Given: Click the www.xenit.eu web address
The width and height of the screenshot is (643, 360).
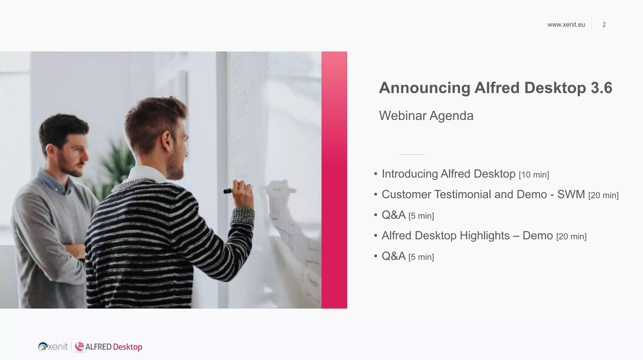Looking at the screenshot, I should [566, 25].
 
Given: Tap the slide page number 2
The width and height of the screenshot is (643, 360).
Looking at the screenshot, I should [604, 25].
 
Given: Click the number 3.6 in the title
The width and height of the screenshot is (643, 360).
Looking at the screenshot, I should [601, 88].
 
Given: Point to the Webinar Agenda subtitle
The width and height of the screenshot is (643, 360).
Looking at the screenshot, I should [426, 116].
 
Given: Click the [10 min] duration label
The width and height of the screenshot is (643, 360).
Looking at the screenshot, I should [534, 175].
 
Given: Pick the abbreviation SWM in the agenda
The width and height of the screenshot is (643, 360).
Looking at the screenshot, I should [571, 195].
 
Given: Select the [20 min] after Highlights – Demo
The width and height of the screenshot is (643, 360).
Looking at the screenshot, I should [571, 237].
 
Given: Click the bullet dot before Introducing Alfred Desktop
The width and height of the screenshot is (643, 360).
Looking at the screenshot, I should [376, 174].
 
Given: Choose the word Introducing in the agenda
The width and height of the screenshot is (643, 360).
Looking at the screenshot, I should [409, 174].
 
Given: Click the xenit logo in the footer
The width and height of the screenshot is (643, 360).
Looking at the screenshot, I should [53, 347].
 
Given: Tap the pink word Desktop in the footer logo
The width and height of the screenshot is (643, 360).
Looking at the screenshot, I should [127, 347].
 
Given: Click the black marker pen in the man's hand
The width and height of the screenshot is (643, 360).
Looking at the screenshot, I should [228, 191].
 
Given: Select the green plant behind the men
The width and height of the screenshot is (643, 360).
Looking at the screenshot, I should [116, 163].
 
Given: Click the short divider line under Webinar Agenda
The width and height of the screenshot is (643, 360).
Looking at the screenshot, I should [412, 154].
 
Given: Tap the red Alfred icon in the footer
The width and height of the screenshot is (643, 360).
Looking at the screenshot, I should [79, 347].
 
